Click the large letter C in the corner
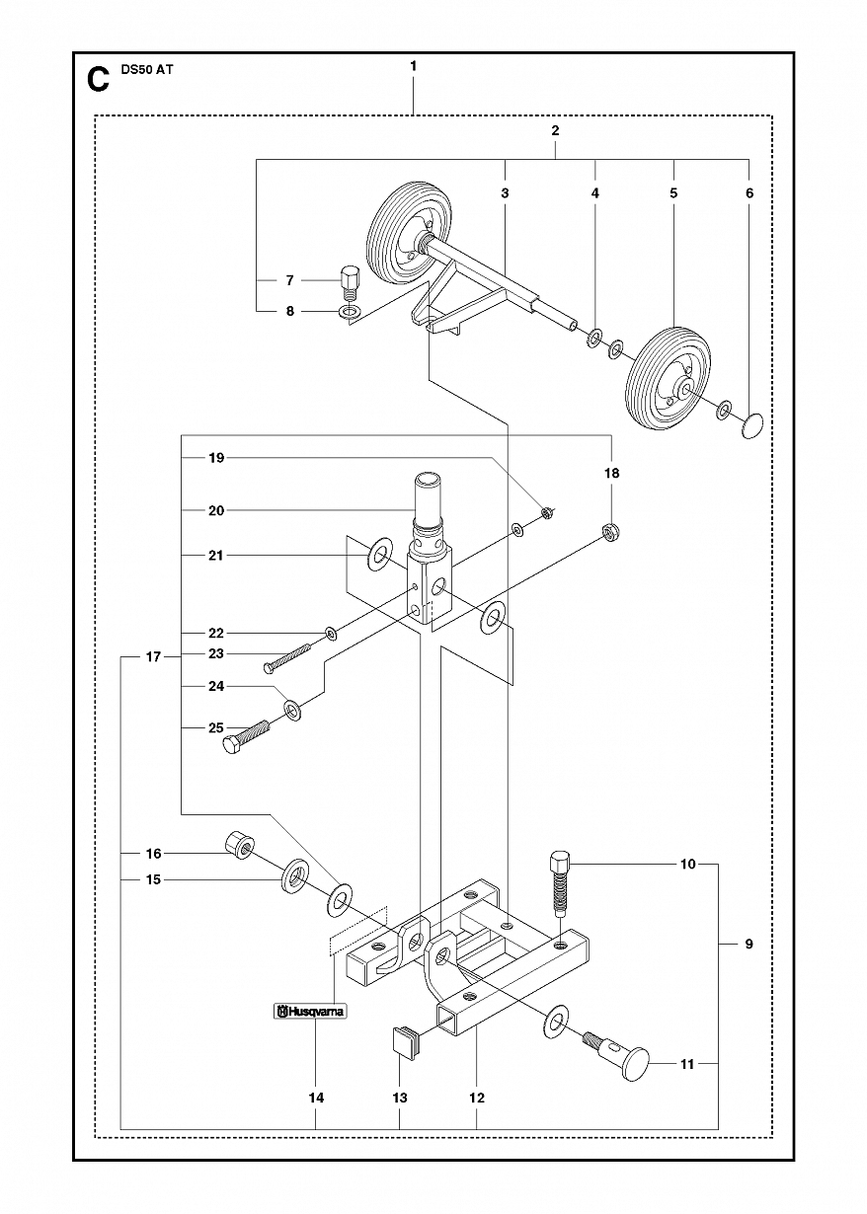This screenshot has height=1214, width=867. pos(98,79)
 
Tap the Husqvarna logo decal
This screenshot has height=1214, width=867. pos(310,1012)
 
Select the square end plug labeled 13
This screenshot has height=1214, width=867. pos(405,1039)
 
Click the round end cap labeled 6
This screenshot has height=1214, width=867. pos(752,425)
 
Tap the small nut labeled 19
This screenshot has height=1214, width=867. pos(548,511)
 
